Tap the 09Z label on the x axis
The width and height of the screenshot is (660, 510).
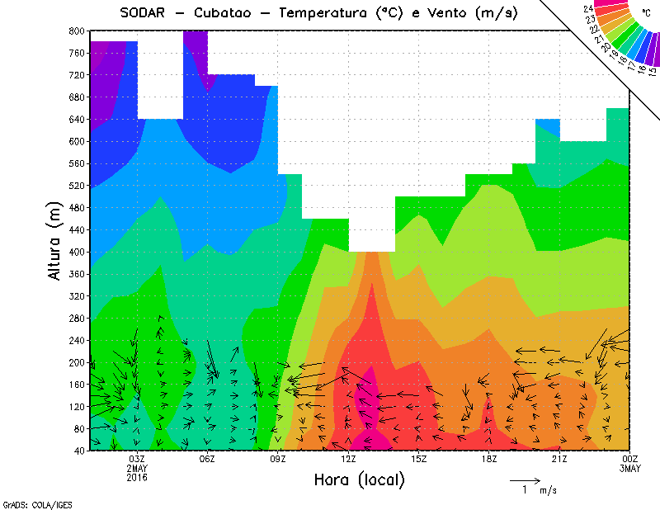coord(278,459)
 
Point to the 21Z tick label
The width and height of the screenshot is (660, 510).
coord(559,459)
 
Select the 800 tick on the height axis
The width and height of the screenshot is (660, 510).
coord(76,31)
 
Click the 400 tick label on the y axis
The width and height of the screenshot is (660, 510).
coord(76,252)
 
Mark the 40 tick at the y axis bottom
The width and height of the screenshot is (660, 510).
coord(78,451)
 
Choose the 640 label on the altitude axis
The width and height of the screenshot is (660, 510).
coord(76,119)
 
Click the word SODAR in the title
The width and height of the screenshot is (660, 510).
coord(144,12)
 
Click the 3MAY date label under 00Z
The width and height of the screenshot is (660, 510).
coord(629,469)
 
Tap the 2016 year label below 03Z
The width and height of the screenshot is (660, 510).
coord(136,478)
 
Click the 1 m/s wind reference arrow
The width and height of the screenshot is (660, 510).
coord(524,479)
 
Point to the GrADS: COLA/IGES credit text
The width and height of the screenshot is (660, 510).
coord(31,503)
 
